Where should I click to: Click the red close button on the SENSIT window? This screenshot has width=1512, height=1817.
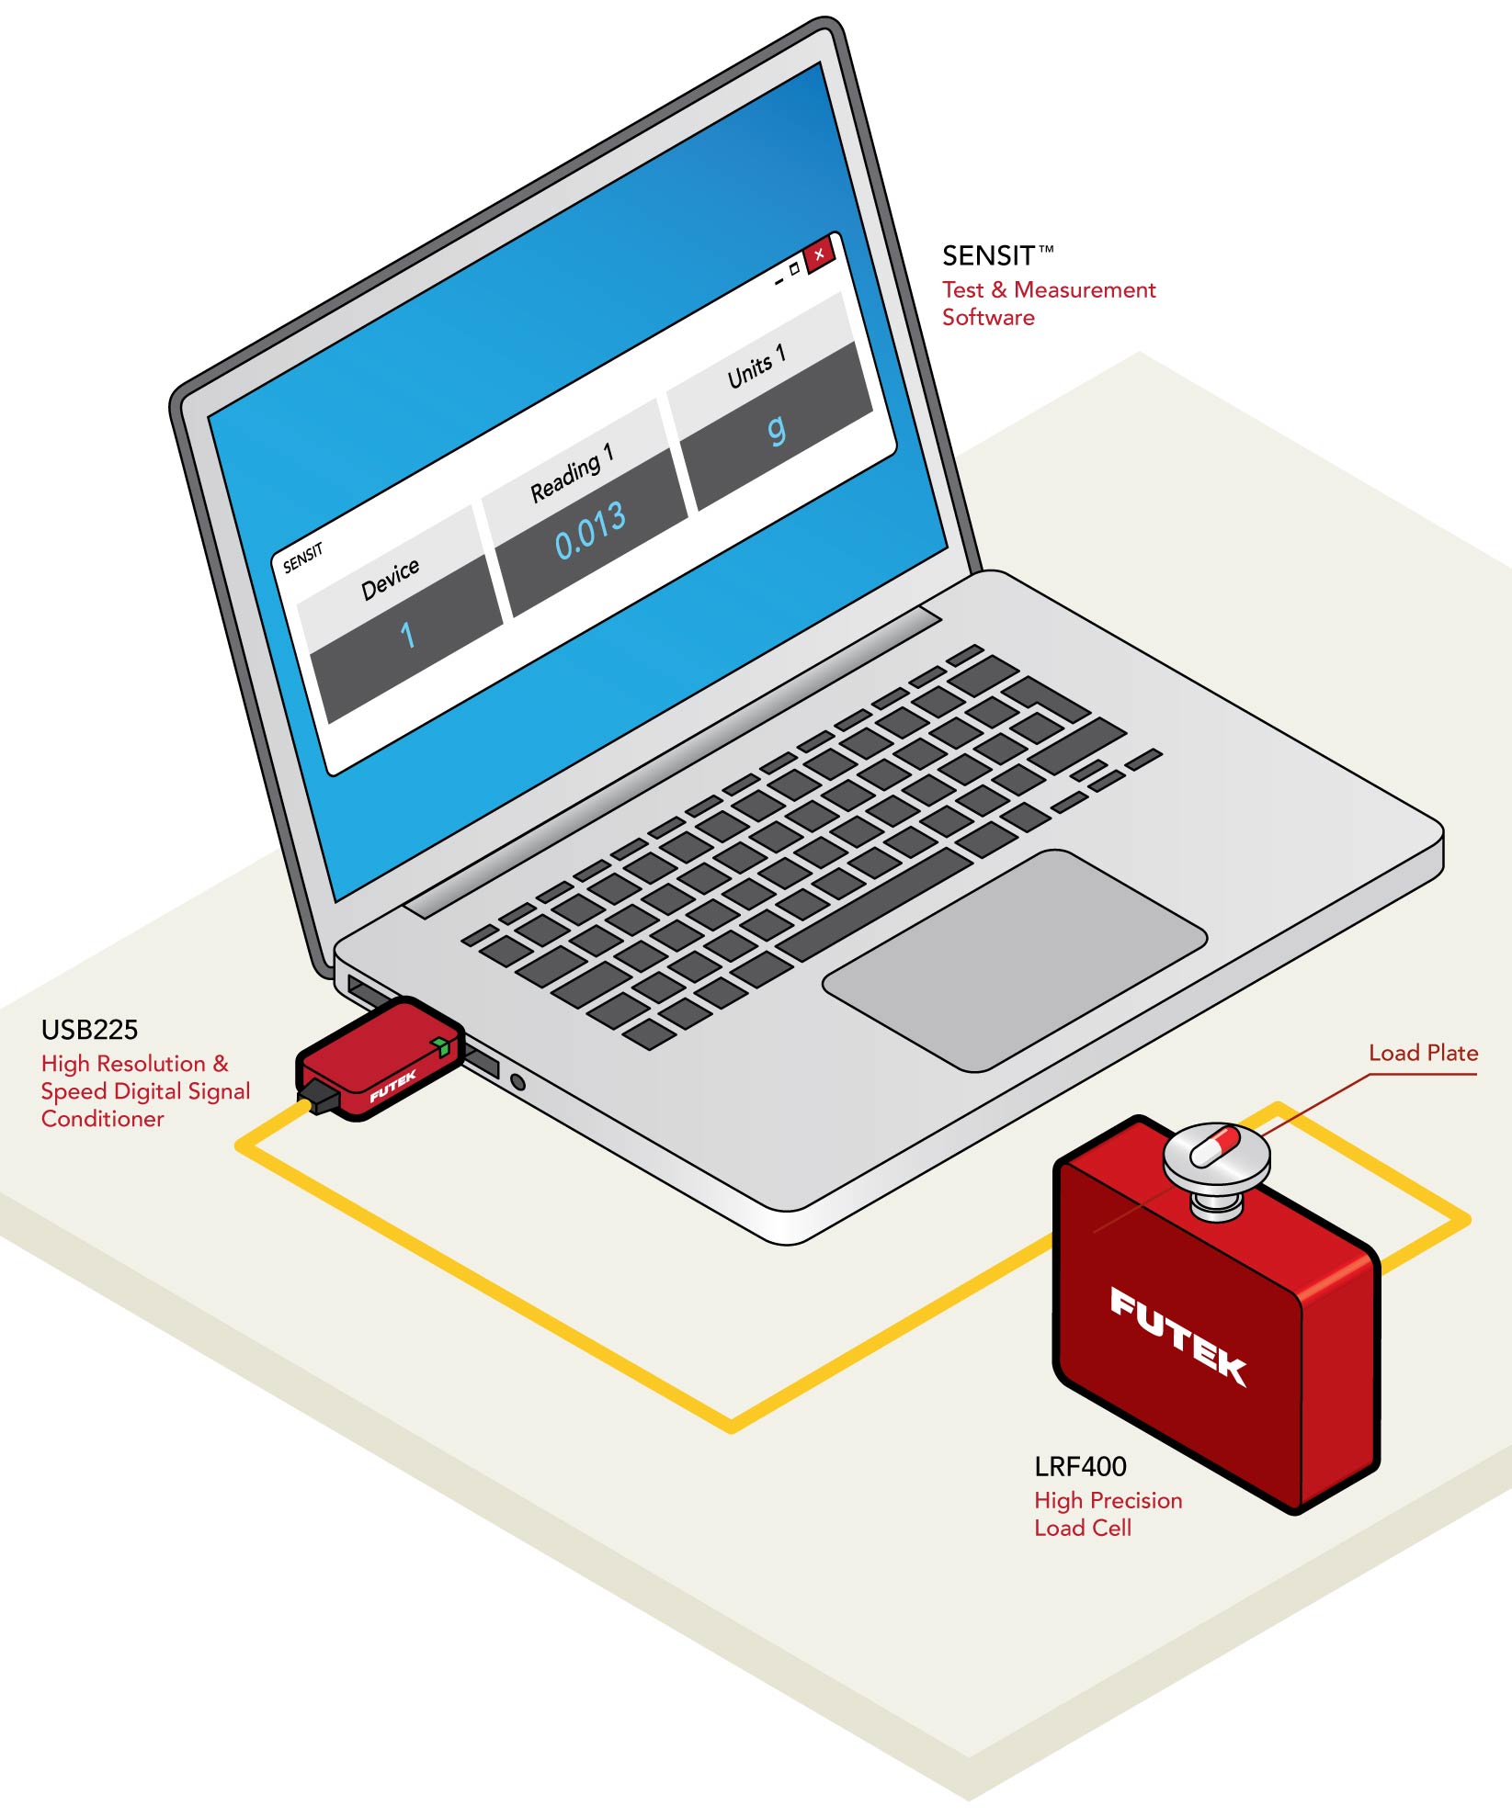point(819,254)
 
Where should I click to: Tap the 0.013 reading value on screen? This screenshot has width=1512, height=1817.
point(590,531)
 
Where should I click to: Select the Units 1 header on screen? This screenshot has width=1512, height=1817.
point(756,366)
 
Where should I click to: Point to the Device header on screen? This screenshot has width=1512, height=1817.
point(390,578)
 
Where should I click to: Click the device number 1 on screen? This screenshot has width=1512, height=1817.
point(407,635)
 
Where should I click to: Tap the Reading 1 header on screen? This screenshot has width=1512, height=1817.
point(571,472)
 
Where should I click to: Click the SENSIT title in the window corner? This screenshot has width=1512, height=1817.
point(302,558)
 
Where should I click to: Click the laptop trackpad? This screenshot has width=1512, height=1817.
point(1015,960)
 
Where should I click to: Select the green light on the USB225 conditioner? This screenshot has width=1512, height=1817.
point(441,1046)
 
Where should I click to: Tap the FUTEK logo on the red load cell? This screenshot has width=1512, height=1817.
point(1178,1336)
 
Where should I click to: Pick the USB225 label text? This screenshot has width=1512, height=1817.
point(89,1030)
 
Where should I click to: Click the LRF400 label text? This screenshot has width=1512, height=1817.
point(1080,1467)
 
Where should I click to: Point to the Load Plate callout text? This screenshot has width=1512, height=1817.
point(1423,1053)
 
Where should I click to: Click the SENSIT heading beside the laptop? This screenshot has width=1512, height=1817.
point(989,255)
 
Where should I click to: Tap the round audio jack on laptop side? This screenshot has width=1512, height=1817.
point(517,1082)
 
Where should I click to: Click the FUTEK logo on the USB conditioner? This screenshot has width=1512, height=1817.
point(392,1086)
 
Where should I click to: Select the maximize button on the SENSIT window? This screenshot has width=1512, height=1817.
point(795,270)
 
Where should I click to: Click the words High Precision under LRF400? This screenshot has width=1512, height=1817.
point(1108,1500)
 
